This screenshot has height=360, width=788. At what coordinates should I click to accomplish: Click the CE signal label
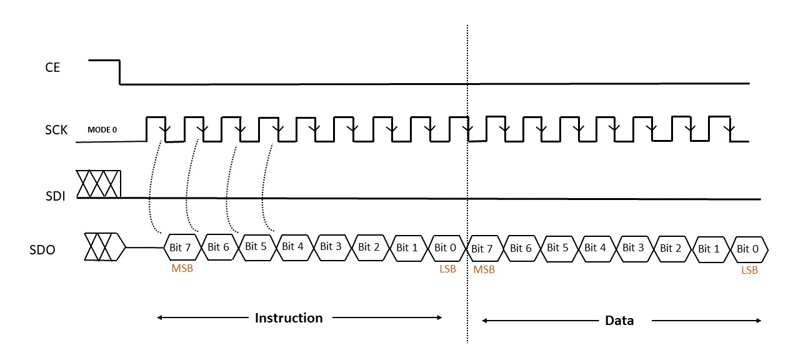pos(52,67)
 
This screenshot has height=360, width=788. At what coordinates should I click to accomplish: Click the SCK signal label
pos(56,131)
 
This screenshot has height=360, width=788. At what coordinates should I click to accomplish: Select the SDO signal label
pos(42,250)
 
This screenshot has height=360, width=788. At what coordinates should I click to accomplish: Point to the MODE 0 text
pos(102,130)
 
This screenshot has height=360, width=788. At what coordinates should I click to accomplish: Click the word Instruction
pos(289,318)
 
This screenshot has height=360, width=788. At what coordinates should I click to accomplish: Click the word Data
pos(619,321)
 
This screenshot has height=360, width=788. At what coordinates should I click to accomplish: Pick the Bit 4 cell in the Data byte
pos(595,247)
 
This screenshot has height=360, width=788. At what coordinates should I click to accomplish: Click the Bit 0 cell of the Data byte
pos(747,249)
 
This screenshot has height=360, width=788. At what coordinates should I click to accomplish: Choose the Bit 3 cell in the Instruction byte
pos(331,246)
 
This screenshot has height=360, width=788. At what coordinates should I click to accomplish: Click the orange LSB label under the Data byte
pos(749,271)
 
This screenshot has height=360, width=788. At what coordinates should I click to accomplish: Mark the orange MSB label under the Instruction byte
pos(182,269)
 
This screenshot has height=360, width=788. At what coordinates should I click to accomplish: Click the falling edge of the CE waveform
pos(119,72)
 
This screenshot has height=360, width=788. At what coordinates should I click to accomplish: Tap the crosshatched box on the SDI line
pos(98,184)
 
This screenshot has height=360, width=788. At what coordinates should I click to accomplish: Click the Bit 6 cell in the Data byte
pos(521,248)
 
